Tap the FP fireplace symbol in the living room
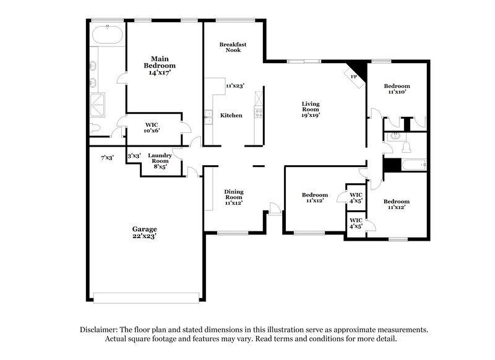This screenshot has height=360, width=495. pyautogui.click(x=354, y=75)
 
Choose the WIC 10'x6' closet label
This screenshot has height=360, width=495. pyautogui.click(x=152, y=127)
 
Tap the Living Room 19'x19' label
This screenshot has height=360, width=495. pyautogui.click(x=311, y=109)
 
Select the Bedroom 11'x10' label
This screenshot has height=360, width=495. pyautogui.click(x=397, y=88)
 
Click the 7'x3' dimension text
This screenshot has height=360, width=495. pyautogui.click(x=107, y=157)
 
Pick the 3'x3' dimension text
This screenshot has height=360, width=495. pyautogui.click(x=134, y=155)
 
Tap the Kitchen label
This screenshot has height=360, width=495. pyautogui.click(x=231, y=116)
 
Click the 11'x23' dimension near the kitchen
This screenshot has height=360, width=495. pyautogui.click(x=235, y=86)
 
